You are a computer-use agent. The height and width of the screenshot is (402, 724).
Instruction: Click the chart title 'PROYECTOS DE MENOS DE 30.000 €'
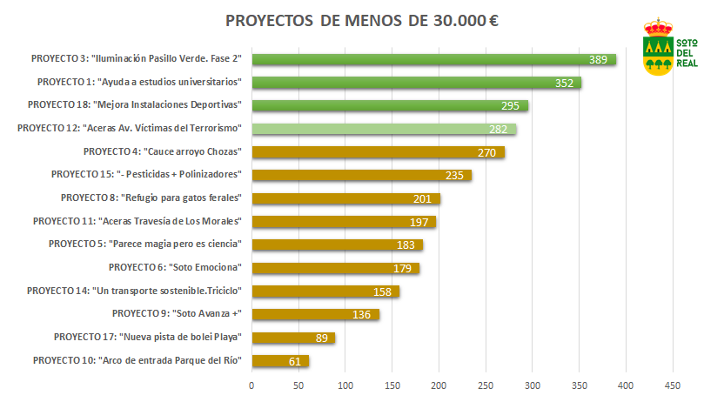pyautogui.click(x=362, y=21)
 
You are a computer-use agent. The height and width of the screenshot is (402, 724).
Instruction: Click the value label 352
pyautogui.click(x=566, y=84)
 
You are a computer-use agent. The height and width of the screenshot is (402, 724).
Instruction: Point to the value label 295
pyautogui.click(x=510, y=106)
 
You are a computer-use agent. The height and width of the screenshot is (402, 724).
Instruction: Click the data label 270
pyautogui.click(x=487, y=153)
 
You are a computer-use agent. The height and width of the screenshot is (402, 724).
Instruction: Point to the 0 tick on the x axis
pyautogui.click(x=251, y=384)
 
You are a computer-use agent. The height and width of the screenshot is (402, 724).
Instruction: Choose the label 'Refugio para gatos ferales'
pyautogui.click(x=151, y=198)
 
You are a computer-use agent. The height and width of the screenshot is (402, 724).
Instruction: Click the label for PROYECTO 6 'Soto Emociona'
pyautogui.click(x=174, y=267)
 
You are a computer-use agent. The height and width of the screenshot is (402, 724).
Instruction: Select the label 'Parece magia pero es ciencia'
pyautogui.click(x=144, y=244)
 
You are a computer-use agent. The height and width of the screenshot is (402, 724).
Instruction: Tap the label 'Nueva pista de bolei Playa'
pyautogui.click(x=147, y=337)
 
